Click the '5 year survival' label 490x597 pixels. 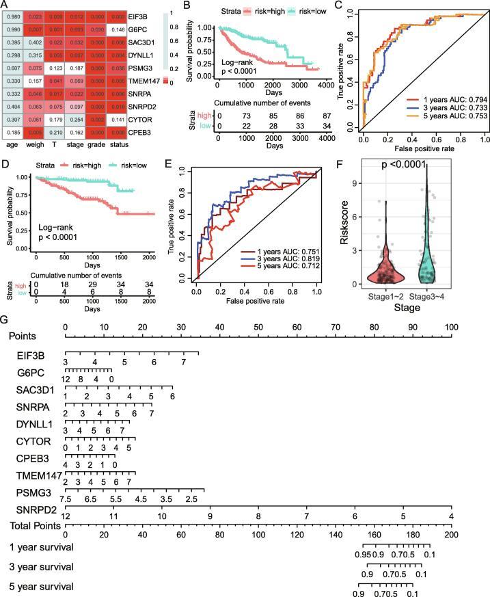click(40, 585)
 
